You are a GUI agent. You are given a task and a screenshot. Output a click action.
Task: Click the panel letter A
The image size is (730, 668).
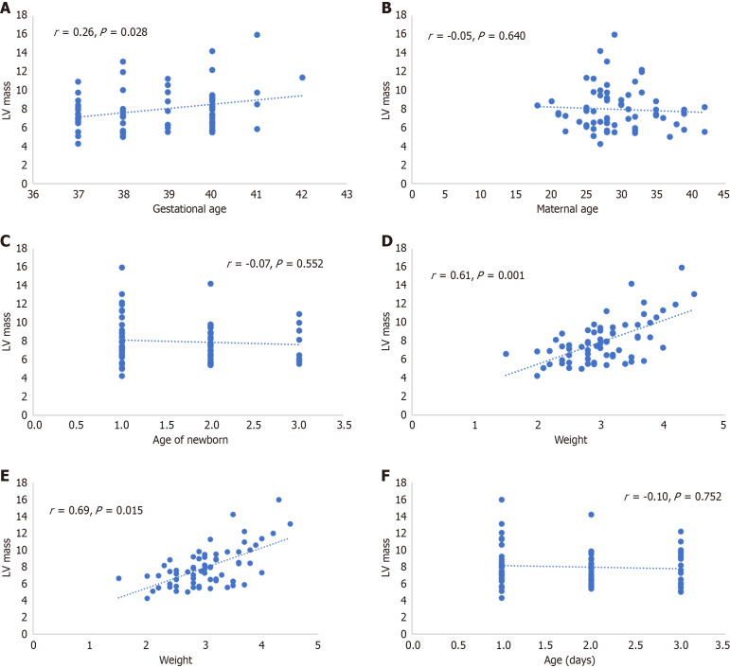point(5,8)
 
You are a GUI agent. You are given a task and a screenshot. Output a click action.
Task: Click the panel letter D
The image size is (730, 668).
point(386,241)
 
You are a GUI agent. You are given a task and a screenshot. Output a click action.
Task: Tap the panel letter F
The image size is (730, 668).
point(386,475)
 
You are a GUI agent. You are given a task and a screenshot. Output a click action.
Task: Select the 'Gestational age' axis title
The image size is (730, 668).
point(189,209)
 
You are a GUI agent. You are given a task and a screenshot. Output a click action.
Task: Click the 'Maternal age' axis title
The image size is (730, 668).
point(567,209)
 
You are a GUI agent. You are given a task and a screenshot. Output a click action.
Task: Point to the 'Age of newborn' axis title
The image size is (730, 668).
point(190,440)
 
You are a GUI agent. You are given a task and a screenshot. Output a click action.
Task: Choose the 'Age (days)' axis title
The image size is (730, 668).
point(569,659)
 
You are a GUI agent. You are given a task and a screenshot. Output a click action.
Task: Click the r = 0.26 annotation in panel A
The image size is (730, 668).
point(74,32)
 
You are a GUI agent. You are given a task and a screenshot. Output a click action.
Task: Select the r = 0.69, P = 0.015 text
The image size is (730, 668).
point(97,510)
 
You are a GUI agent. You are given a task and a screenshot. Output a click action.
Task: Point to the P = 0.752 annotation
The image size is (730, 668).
point(698,497)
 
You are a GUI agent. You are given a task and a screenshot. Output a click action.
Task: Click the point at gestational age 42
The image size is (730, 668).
point(302,78)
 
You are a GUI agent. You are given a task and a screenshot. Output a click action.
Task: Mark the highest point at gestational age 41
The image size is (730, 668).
point(257,35)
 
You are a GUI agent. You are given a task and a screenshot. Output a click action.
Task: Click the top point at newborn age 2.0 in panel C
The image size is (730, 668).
point(210,284)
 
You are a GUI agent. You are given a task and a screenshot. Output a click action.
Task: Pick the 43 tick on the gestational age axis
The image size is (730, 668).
point(347,194)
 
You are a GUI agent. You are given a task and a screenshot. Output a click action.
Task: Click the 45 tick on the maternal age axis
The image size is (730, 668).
point(723,194)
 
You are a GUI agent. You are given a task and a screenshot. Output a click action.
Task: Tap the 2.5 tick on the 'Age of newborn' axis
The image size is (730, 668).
point(253,425)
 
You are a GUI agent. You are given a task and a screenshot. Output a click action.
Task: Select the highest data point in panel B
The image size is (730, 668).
point(614,35)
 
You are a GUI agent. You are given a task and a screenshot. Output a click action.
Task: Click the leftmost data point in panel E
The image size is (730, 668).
point(118,578)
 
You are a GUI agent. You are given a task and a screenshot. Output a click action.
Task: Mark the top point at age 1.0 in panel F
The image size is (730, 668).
point(502,500)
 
